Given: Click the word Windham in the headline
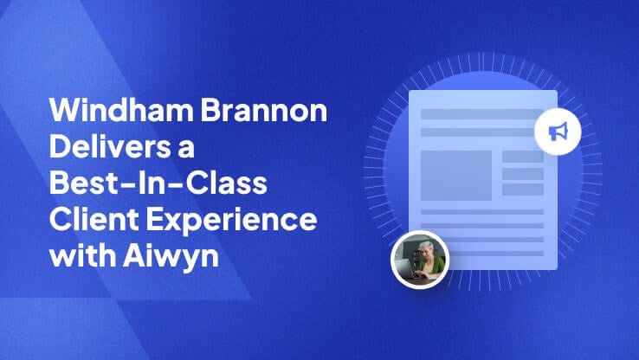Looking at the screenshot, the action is point(121,110).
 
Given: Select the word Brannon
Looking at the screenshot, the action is point(264,110).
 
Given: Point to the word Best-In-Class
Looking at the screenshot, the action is point(158,182).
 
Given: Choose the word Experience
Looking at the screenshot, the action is point(231,220).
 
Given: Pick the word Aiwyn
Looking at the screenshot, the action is point(171,256).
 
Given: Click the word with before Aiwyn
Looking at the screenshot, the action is point(83,255).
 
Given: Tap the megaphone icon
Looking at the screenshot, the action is point(558,132).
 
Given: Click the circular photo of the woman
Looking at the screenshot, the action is point(420,260).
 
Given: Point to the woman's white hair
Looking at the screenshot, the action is point(426,246).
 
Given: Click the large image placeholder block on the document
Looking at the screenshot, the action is point(456,176).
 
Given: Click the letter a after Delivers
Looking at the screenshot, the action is point(186,149).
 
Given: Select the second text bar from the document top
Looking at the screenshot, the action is point(478,132).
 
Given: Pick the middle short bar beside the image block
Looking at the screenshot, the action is point(523,174).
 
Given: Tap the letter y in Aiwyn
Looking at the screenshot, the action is point(190,260).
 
